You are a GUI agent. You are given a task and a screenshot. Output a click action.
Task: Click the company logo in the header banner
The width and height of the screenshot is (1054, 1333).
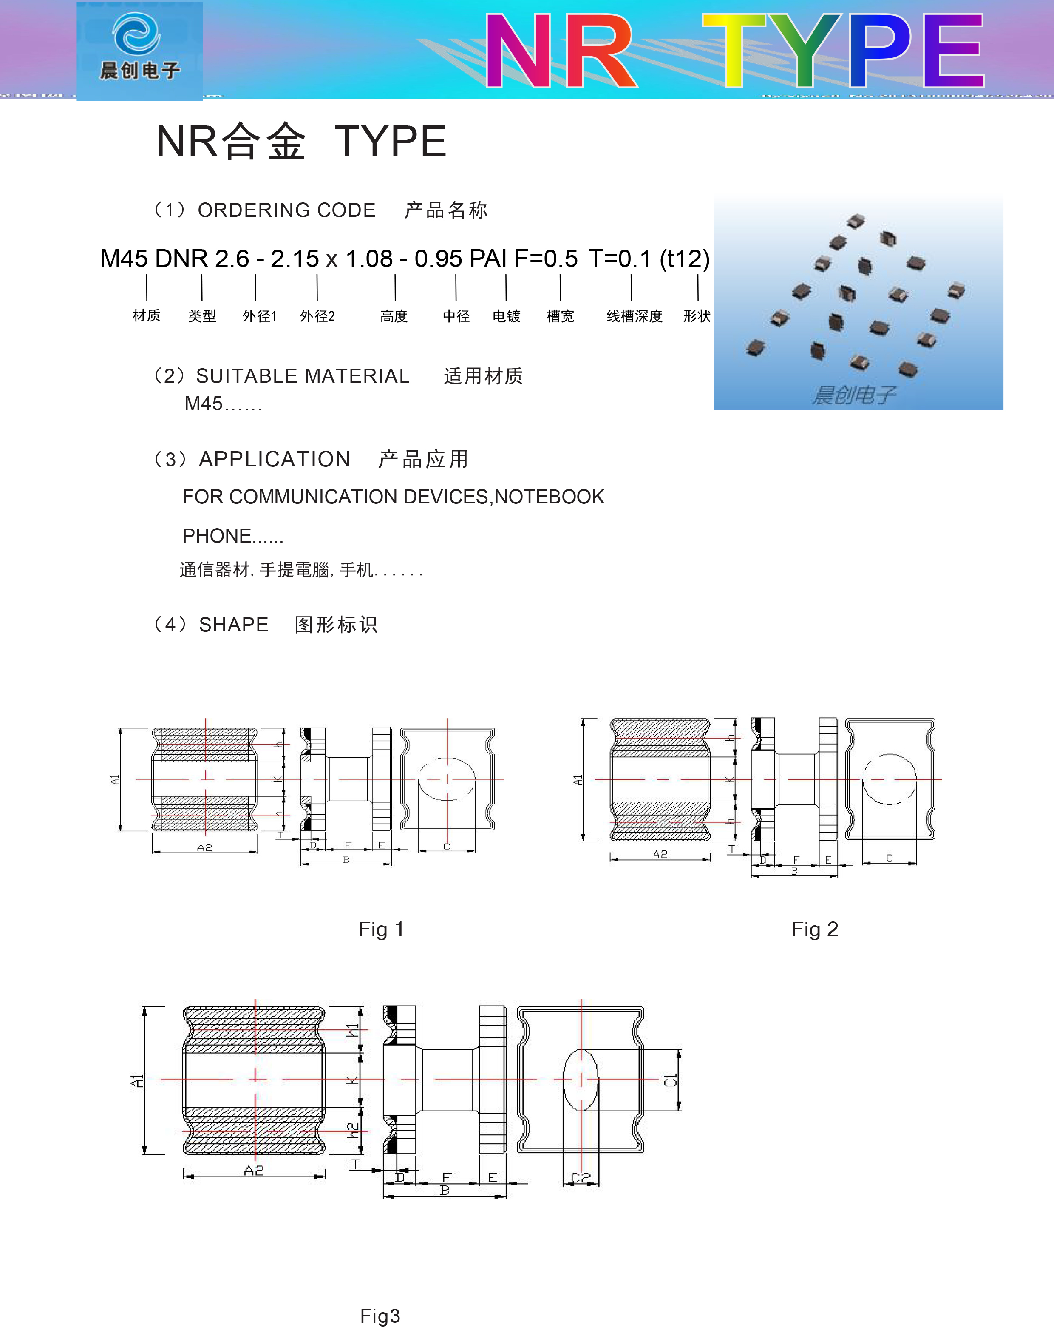pyautogui.click(x=139, y=49)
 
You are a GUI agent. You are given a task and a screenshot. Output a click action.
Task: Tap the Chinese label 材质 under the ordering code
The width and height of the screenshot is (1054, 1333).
pyautogui.click(x=146, y=316)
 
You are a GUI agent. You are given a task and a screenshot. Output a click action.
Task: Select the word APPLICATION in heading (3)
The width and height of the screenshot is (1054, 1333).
pyautogui.click(x=275, y=459)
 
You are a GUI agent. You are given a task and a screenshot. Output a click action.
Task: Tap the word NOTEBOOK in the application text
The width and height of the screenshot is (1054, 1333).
pyautogui.click(x=549, y=497)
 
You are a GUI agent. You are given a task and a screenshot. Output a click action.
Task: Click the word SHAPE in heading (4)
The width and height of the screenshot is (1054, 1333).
pyautogui.click(x=233, y=625)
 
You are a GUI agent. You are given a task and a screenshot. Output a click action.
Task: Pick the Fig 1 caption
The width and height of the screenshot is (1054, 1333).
pyautogui.click(x=381, y=929)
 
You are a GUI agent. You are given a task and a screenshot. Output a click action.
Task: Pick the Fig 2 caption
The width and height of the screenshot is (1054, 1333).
pyautogui.click(x=815, y=929)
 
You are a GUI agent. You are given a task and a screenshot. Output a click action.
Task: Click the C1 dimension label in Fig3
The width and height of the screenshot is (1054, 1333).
pyautogui.click(x=671, y=1080)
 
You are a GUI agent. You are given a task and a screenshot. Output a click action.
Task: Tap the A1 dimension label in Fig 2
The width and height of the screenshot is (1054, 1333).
pyautogui.click(x=578, y=780)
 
